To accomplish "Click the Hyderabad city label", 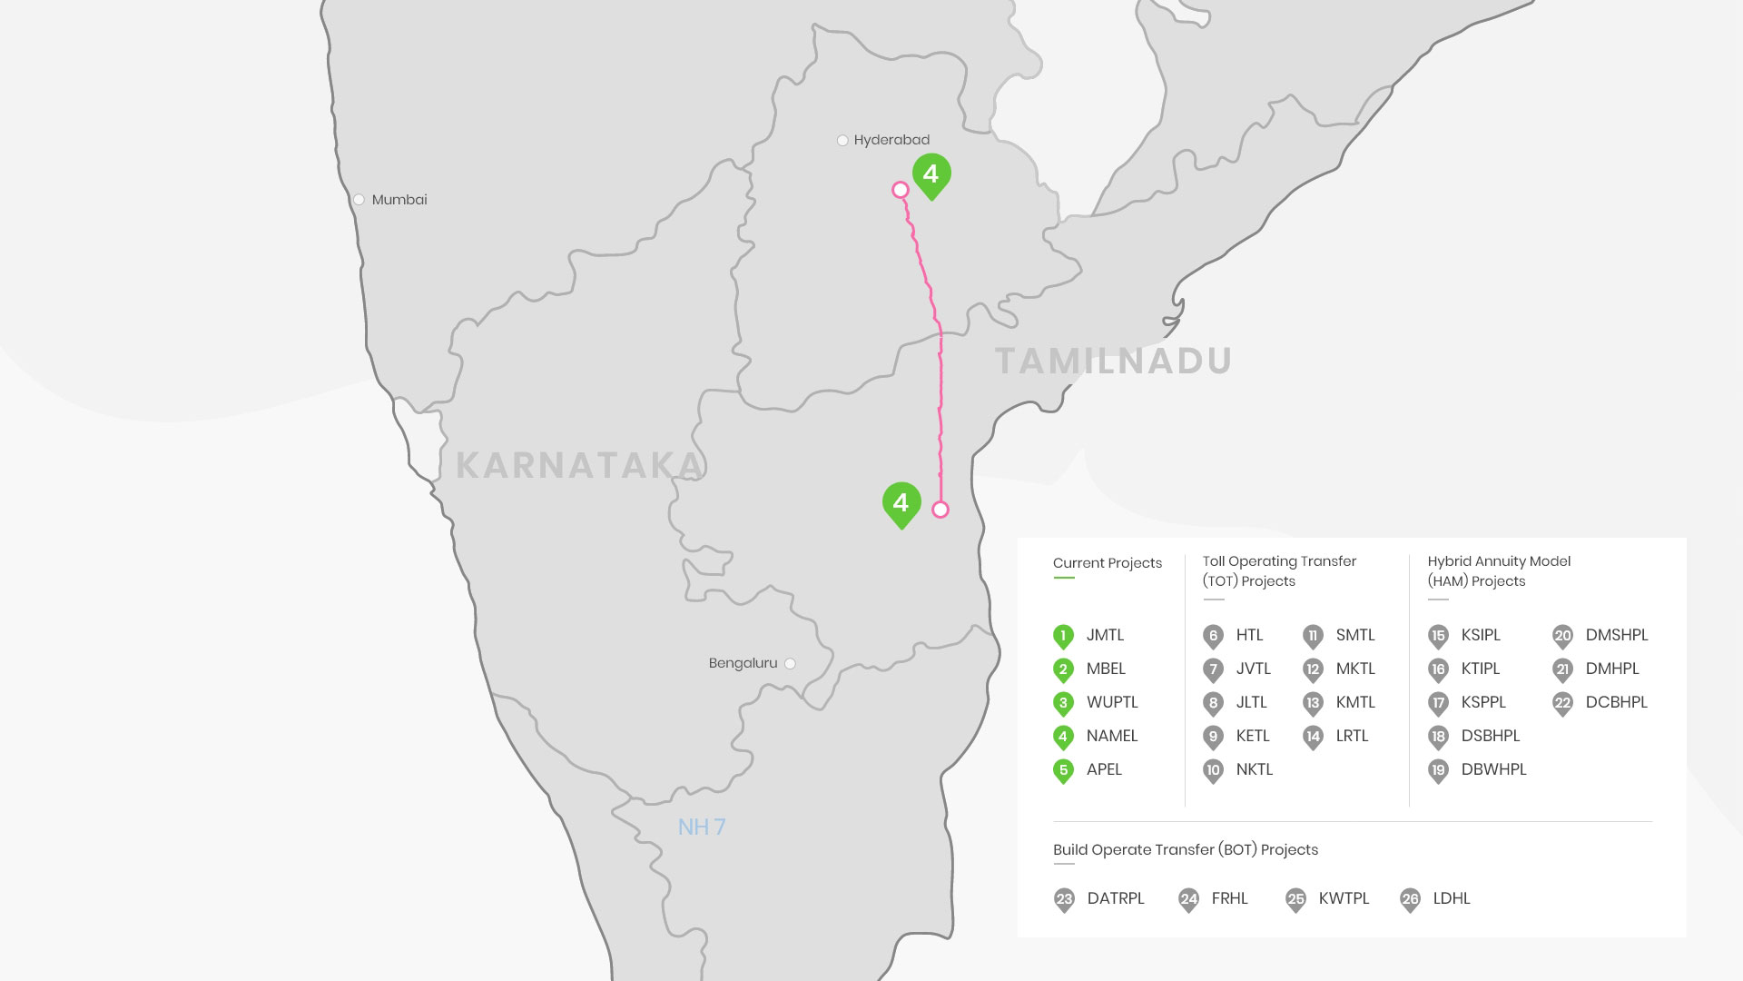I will (891, 140).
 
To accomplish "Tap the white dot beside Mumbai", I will (359, 200).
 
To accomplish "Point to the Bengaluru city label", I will (743, 663).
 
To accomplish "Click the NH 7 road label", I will (702, 827).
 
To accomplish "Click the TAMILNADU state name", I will (1114, 361).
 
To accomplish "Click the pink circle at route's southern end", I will (940, 510).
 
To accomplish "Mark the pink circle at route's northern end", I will (901, 190).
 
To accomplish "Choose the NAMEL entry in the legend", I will (1111, 736).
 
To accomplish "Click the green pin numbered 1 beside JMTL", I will (1063, 636).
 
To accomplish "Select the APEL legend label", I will (1104, 769).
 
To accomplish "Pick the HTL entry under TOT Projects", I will (1249, 635).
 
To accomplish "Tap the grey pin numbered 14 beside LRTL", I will (1313, 737).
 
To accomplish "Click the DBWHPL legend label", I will (1493, 769).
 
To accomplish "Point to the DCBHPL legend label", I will (1616, 702).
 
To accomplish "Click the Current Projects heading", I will (1107, 563).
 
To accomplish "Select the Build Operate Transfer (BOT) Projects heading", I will (1185, 850).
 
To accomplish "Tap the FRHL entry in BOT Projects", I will (1229, 898).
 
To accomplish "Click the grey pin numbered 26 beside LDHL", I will (1410, 899).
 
